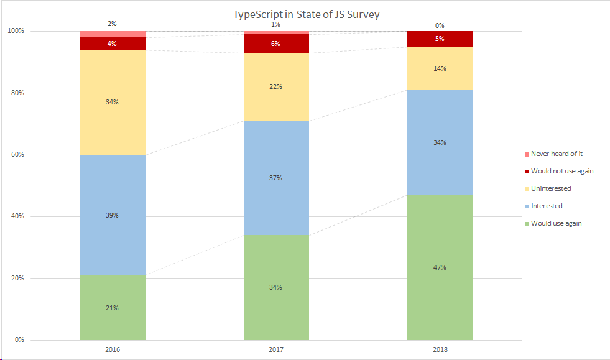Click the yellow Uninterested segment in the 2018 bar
[x=440, y=78]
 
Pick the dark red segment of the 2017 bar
[x=275, y=44]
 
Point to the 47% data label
[x=440, y=267]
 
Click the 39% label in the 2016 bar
[x=113, y=215]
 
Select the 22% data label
[x=275, y=86]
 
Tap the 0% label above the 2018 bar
[x=440, y=25]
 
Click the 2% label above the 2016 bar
[x=113, y=24]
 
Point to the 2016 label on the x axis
[x=113, y=350]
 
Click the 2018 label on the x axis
[x=440, y=350]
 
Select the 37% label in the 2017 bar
[x=275, y=178]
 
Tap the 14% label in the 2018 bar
[x=440, y=68]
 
